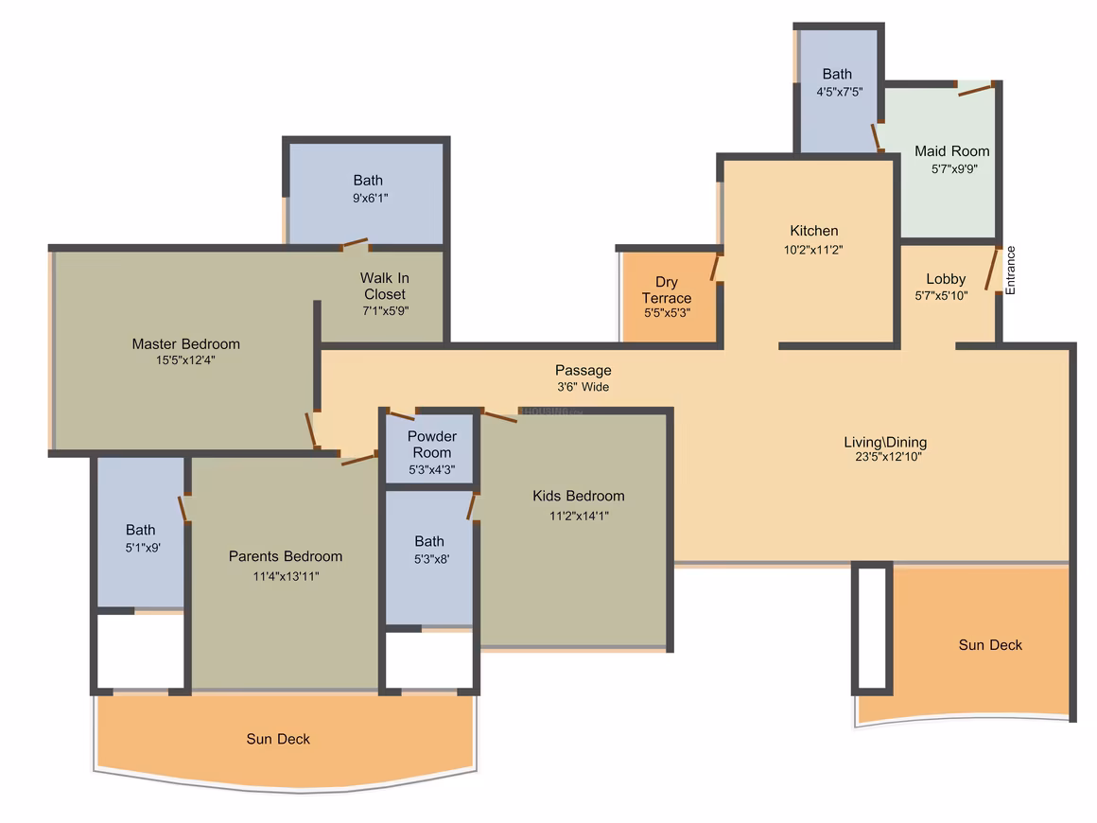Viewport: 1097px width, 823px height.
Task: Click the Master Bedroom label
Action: click(x=186, y=343)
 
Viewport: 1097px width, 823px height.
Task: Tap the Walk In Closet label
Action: click(x=385, y=287)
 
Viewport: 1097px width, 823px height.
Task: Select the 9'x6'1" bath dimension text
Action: click(x=370, y=198)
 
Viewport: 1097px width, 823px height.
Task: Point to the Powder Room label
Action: click(x=431, y=445)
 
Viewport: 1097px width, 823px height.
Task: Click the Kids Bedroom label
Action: click(x=579, y=496)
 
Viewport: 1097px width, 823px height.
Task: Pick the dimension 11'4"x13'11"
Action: click(x=287, y=576)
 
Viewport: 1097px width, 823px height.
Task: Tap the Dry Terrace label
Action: click(x=667, y=289)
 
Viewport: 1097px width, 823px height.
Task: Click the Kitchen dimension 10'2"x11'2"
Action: click(x=813, y=249)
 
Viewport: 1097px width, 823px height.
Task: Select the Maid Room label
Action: click(x=952, y=151)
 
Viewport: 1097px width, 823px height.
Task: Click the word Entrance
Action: click(x=1010, y=271)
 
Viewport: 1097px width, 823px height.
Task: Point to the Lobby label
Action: click(x=946, y=278)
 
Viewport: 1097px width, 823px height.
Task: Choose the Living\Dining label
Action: click(x=885, y=442)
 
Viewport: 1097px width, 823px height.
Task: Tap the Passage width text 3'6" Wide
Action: click(x=583, y=386)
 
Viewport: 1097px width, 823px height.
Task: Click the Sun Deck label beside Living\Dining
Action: click(x=990, y=644)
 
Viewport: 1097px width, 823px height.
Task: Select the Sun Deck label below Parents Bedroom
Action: click(x=278, y=738)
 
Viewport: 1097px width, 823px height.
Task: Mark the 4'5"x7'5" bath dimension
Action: click(x=840, y=92)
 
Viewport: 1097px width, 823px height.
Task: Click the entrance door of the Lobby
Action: click(x=992, y=269)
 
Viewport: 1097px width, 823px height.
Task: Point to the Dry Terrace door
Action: click(x=716, y=267)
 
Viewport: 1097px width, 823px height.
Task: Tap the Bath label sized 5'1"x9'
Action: click(x=141, y=530)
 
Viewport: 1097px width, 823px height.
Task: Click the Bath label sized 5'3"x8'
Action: click(x=428, y=541)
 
